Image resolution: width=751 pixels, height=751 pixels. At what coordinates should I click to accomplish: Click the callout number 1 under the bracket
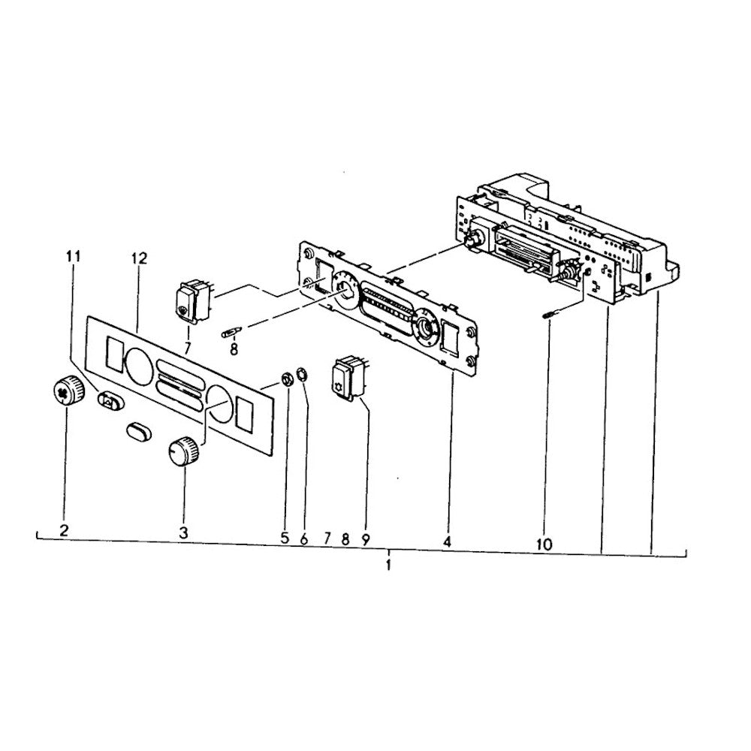coord(388,566)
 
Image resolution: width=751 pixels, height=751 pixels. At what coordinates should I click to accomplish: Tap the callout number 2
coord(64,529)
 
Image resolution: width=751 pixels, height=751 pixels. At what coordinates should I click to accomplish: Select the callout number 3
coord(183,532)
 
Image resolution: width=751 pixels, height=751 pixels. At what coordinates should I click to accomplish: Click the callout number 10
coord(544,544)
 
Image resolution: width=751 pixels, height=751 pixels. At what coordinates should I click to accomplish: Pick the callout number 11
coord(74,256)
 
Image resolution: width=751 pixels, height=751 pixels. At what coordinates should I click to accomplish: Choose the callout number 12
coord(139,258)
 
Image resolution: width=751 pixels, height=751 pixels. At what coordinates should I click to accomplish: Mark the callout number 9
coord(365,540)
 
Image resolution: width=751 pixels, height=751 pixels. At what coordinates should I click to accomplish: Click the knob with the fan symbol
coord(68,391)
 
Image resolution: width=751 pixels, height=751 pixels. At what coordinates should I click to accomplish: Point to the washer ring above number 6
coord(302,373)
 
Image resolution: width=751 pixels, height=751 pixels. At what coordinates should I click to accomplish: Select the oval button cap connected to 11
coord(110,400)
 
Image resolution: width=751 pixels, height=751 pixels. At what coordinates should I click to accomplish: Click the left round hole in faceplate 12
coord(139,366)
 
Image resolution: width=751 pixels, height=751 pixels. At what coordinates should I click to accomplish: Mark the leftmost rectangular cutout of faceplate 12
coord(113,354)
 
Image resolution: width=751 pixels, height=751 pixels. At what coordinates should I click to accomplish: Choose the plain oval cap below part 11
coord(139,430)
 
